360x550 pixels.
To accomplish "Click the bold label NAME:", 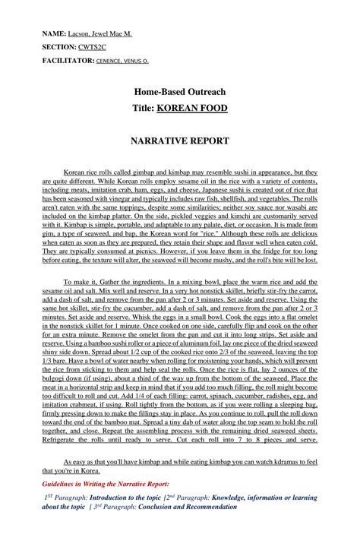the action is [55, 35].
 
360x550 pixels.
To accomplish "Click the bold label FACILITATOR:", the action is [68, 59].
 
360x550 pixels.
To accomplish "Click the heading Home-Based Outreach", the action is [179, 92].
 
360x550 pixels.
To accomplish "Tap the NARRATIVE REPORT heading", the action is [179, 141].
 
